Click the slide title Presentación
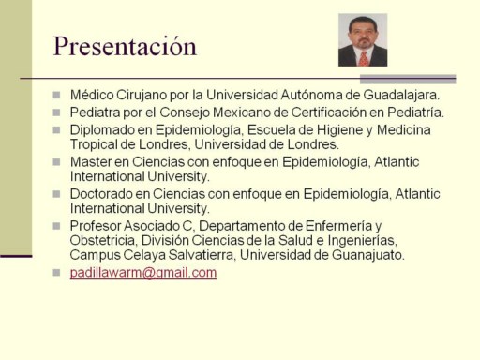tap(125, 47)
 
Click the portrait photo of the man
tap(363, 39)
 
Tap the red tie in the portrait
tap(364, 59)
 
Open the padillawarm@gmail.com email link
tap(143, 273)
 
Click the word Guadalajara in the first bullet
tap(401, 95)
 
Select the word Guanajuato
tap(368, 255)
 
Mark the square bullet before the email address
tap(56, 272)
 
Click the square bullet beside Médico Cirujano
tap(56, 95)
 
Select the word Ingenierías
tap(363, 241)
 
